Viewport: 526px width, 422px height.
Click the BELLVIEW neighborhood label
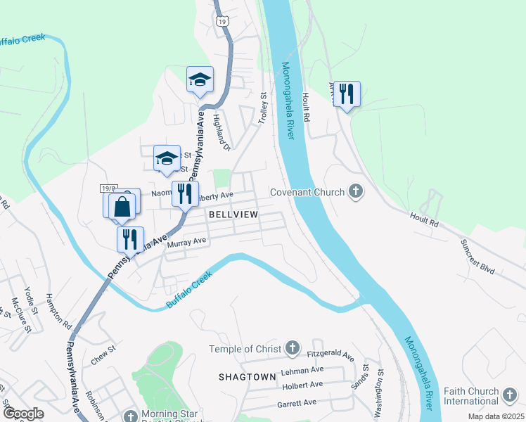click(233, 214)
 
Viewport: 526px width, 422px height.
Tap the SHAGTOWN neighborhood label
click(247, 377)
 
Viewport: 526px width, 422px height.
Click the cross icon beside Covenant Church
click(356, 191)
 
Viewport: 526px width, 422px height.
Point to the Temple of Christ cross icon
click(293, 349)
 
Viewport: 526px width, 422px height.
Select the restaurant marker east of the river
click(346, 94)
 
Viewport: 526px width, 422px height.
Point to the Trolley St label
click(264, 109)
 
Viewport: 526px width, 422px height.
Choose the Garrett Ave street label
click(296, 403)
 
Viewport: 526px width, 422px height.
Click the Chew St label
click(103, 355)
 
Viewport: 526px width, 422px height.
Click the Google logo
click(23, 413)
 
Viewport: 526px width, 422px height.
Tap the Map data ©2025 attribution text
click(495, 416)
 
